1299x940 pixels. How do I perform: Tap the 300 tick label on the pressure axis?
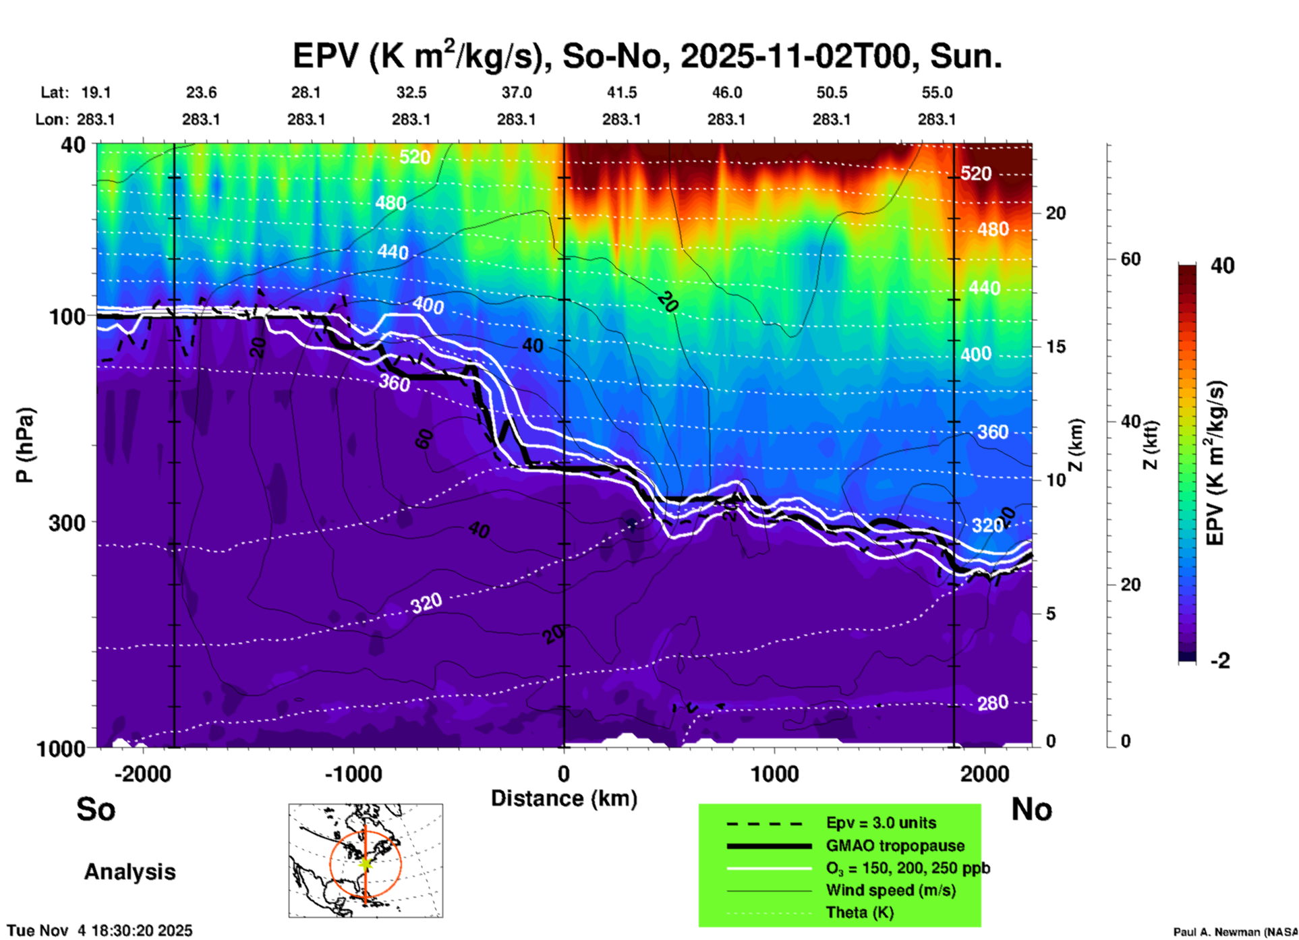click(67, 523)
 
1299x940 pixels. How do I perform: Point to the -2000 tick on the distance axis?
click(143, 773)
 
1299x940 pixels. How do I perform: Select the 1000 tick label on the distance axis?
click(774, 773)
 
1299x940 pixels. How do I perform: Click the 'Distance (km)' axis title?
click(564, 799)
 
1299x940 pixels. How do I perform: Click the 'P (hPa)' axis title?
click(25, 445)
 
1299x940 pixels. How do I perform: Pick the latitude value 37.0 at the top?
click(516, 93)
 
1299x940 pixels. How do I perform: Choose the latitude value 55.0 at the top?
click(937, 93)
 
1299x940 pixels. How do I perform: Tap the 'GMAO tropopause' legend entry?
click(895, 846)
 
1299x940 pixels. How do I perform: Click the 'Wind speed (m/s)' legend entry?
click(890, 891)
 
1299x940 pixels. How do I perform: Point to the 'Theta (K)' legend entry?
click(859, 913)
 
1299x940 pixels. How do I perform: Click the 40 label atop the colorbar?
click(1222, 266)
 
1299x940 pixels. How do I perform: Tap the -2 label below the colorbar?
click(1220, 661)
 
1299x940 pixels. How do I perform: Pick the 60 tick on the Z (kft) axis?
click(1130, 259)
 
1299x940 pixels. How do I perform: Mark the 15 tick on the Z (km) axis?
click(1056, 347)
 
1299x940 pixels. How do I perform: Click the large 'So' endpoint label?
click(96, 809)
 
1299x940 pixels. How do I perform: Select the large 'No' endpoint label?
click(1031, 809)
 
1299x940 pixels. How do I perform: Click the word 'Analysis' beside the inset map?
click(129, 872)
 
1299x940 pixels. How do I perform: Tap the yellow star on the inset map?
click(366, 862)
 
